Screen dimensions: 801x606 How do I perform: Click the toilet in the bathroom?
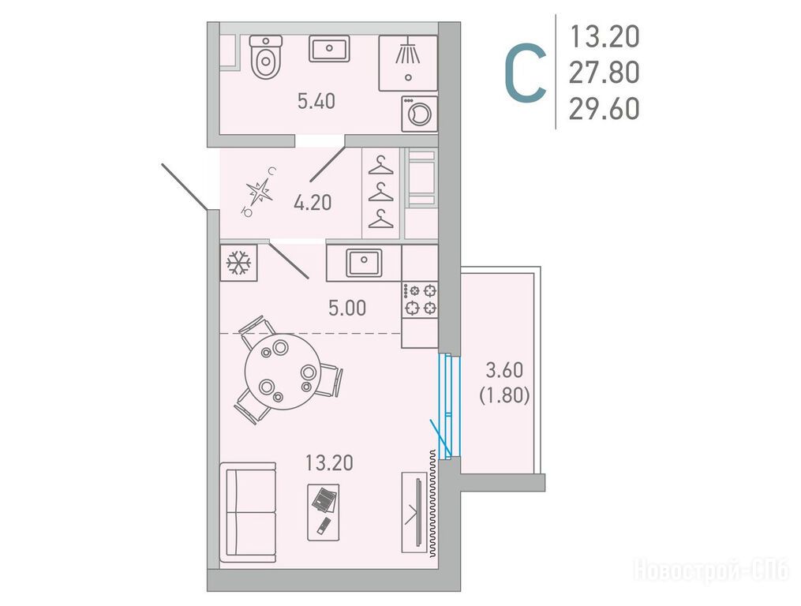click(266, 57)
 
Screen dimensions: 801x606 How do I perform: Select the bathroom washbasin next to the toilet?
click(329, 49)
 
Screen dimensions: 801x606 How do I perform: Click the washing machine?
click(419, 114)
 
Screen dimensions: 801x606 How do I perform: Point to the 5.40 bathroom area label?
click(316, 101)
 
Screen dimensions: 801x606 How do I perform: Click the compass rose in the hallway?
click(259, 192)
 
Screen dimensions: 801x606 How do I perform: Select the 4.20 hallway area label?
click(313, 203)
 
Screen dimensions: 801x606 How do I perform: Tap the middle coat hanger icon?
click(380, 192)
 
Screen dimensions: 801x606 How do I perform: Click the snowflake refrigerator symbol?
click(238, 263)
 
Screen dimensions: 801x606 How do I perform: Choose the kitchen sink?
click(364, 263)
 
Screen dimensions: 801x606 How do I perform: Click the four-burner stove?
click(419, 299)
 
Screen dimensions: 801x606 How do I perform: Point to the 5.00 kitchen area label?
click(347, 308)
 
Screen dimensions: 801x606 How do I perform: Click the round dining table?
click(283, 372)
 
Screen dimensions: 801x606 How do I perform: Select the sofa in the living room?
click(249, 512)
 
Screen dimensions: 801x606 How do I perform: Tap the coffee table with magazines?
click(324, 512)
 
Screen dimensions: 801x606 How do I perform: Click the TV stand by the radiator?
click(414, 512)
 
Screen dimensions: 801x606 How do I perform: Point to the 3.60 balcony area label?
click(504, 369)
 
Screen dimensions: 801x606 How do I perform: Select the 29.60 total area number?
click(604, 109)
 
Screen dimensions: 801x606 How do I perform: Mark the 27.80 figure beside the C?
click(604, 73)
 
